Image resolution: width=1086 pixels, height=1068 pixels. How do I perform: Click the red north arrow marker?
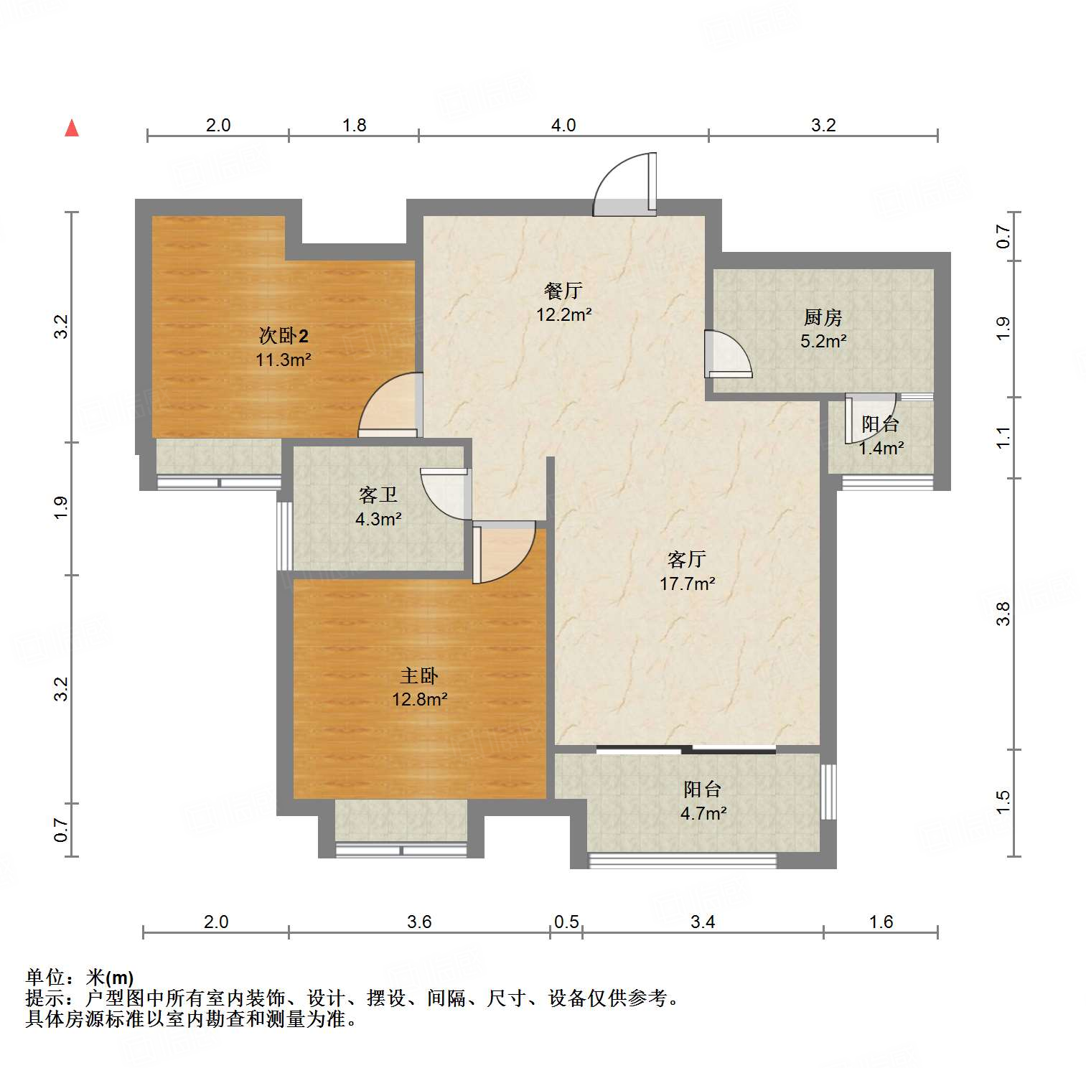click(x=72, y=128)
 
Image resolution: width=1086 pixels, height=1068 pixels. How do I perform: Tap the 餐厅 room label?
click(x=563, y=291)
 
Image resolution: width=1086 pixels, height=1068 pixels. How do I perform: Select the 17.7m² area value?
click(x=687, y=584)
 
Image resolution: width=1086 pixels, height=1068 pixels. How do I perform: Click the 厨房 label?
click(x=823, y=317)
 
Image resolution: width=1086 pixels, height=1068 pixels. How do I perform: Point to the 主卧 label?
click(x=419, y=675)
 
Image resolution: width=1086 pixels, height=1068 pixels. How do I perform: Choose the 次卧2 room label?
click(x=284, y=335)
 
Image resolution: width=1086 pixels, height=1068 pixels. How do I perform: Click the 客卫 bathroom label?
click(x=378, y=495)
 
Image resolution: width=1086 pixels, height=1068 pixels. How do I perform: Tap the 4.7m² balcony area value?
click(x=703, y=813)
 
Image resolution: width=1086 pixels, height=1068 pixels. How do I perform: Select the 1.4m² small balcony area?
click(x=881, y=448)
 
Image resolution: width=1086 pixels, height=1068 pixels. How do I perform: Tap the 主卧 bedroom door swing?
click(x=504, y=551)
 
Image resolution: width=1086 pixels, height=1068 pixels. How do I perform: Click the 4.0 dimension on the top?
click(x=563, y=125)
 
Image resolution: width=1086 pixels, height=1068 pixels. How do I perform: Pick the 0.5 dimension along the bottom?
click(x=566, y=922)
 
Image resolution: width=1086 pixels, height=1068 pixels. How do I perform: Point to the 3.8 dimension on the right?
click(x=1003, y=614)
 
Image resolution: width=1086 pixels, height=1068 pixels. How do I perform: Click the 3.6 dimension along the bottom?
click(x=419, y=922)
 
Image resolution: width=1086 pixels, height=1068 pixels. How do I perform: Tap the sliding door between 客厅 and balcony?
click(x=686, y=750)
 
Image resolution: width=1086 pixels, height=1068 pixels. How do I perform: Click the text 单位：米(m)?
click(x=80, y=977)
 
